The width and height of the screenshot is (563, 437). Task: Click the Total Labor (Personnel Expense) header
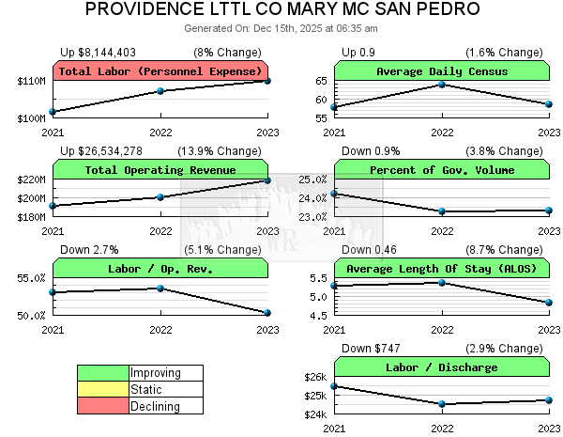(x=160, y=71)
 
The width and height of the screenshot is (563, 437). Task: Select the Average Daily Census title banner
(x=442, y=71)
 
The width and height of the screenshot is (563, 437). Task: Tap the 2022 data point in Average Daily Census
(x=442, y=85)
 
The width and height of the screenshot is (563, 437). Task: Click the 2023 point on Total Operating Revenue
(x=268, y=180)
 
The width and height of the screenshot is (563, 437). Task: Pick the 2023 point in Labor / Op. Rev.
(x=268, y=313)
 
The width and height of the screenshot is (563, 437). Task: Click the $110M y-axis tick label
(x=31, y=82)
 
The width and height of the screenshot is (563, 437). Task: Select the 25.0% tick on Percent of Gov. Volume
(x=312, y=179)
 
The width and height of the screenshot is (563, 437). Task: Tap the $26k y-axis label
(x=314, y=378)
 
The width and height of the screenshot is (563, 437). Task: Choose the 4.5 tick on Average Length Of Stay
(x=319, y=316)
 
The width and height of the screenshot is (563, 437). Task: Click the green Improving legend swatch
(x=103, y=373)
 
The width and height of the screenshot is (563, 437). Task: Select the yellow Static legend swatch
(x=103, y=389)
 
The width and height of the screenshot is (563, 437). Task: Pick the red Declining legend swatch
(x=103, y=406)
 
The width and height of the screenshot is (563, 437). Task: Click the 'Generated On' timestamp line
(x=281, y=28)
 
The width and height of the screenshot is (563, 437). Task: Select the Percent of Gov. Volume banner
(x=442, y=170)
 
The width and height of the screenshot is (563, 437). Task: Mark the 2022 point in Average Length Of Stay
(x=442, y=282)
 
